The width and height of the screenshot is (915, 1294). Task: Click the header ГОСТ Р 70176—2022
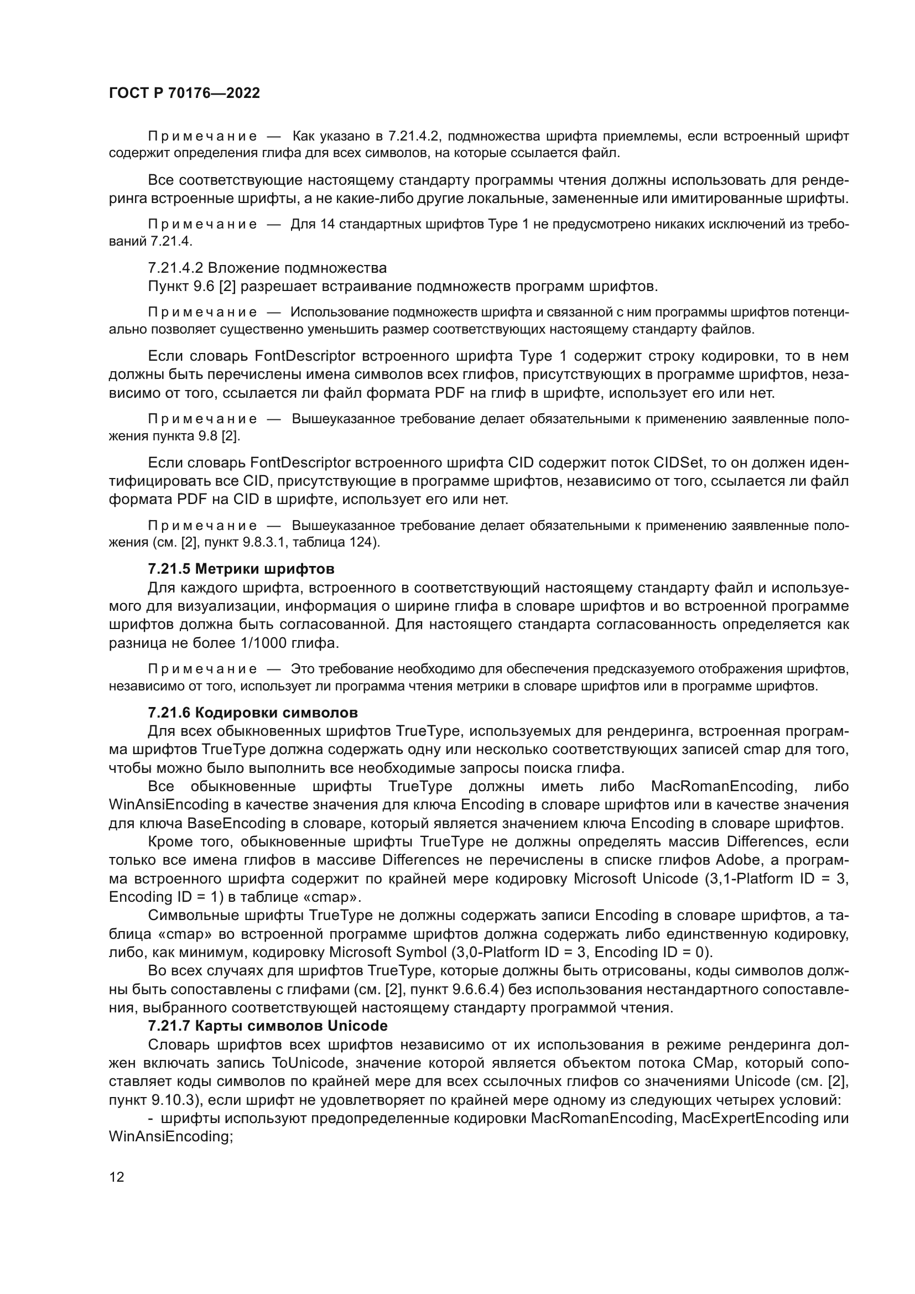point(184,93)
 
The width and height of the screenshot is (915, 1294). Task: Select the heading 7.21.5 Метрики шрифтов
point(241,568)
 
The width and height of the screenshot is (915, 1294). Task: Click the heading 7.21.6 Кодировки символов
point(252,713)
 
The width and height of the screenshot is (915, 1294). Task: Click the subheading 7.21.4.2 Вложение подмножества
point(267,268)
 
